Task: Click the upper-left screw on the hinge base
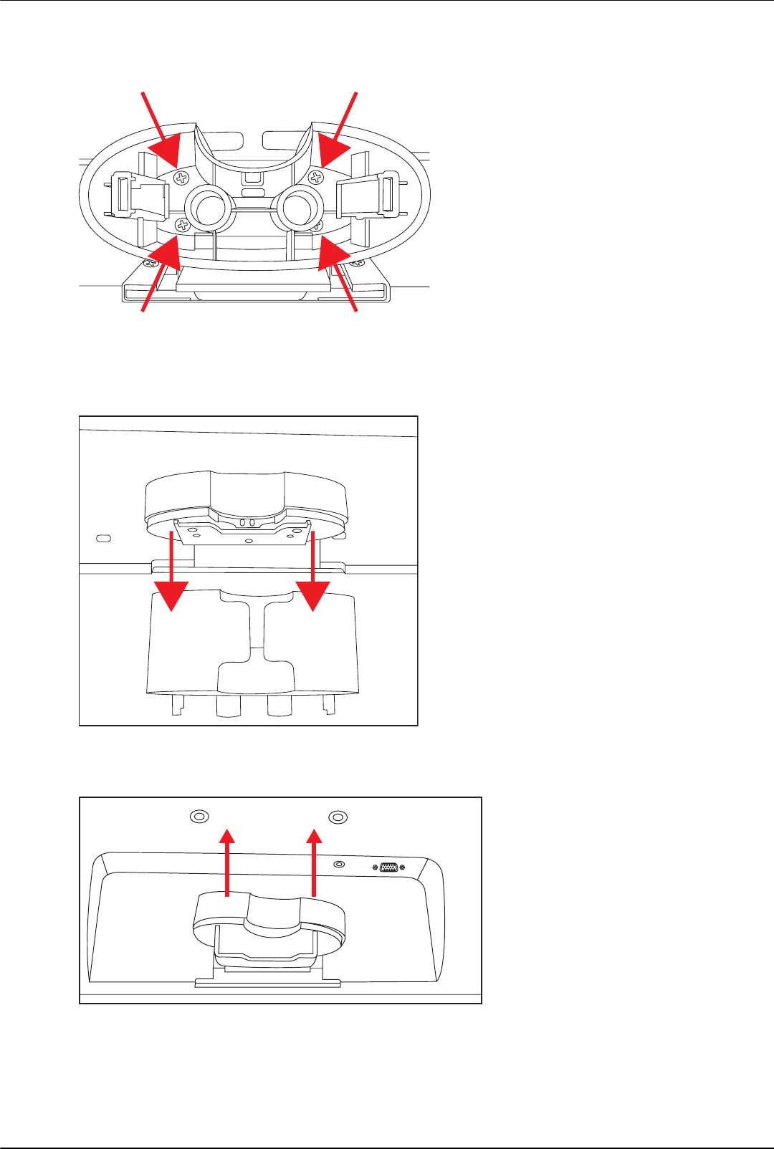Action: click(x=183, y=177)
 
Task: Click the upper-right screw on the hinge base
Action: click(x=315, y=177)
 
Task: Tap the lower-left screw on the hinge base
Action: click(x=183, y=226)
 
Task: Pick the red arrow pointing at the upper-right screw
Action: click(x=338, y=133)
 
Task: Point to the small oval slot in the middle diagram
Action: click(x=103, y=537)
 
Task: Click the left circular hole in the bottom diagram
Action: click(x=199, y=817)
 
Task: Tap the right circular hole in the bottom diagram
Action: click(x=338, y=817)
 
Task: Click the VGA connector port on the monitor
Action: click(x=388, y=867)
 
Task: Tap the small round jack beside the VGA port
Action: click(x=340, y=865)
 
